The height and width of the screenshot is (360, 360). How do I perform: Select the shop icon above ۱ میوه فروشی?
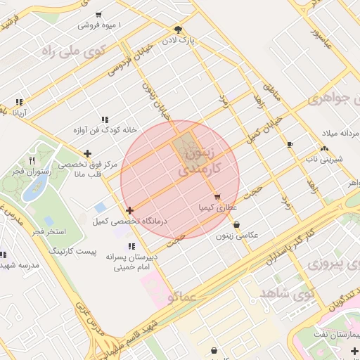pyautogui.click(x=98, y=14)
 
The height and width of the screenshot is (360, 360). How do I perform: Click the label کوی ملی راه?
pyautogui.click(x=73, y=50)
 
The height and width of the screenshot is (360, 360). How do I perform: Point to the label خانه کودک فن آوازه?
pyautogui.click(x=104, y=130)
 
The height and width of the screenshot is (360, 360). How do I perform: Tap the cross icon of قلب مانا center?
pyautogui.click(x=87, y=153)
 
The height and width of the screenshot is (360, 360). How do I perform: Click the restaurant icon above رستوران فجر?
pyautogui.click(x=32, y=161)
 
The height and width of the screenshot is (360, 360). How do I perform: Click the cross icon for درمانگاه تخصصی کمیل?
pyautogui.click(x=129, y=210)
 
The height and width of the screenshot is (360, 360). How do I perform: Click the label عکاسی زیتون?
pyautogui.click(x=255, y=234)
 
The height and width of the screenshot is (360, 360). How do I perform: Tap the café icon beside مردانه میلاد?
pyautogui.click(x=290, y=144)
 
